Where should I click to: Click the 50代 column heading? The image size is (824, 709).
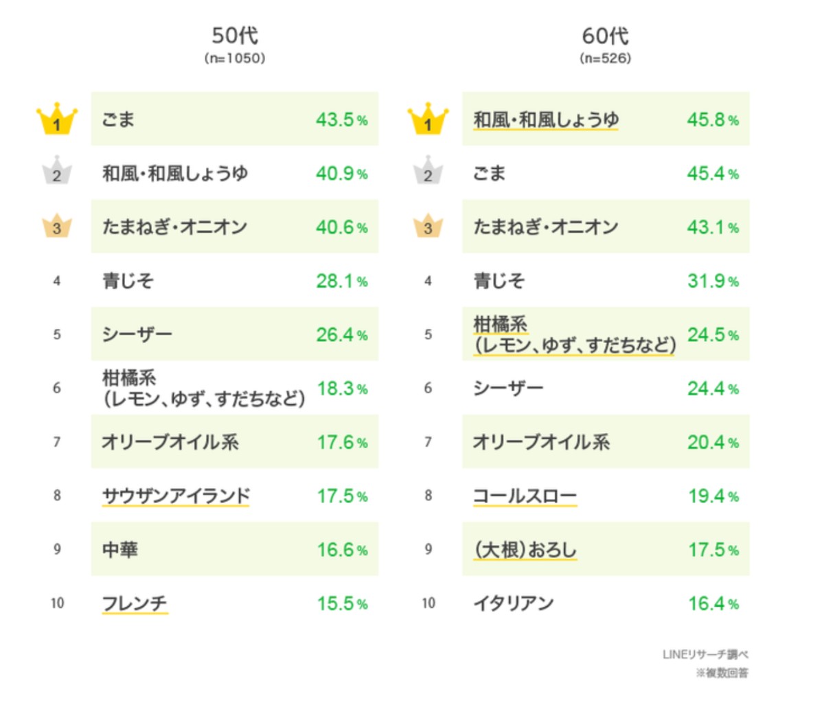click(235, 36)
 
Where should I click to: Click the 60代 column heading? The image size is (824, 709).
click(605, 36)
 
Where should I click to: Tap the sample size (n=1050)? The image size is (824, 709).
click(235, 58)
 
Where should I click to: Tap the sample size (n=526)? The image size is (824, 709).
click(605, 58)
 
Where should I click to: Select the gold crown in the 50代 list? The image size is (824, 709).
click(57, 119)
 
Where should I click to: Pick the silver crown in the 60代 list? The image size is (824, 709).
click(428, 172)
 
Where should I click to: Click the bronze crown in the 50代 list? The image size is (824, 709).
click(57, 226)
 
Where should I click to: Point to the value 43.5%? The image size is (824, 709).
click(341, 119)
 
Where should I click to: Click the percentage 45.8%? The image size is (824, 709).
click(713, 119)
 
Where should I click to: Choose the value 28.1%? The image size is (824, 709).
click(341, 281)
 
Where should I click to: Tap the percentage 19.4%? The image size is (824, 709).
click(713, 496)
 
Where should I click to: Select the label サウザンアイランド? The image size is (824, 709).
click(176, 496)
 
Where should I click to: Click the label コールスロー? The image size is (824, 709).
click(525, 496)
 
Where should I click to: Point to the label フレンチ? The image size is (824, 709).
click(135, 603)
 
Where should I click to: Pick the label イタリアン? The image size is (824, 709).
click(514, 603)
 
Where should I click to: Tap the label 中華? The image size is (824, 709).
click(120, 550)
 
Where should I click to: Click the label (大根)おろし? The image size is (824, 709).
click(525, 550)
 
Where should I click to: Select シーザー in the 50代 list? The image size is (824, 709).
click(137, 334)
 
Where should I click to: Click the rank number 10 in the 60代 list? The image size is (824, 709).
click(428, 603)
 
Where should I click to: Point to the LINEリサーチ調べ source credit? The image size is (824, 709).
click(705, 654)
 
